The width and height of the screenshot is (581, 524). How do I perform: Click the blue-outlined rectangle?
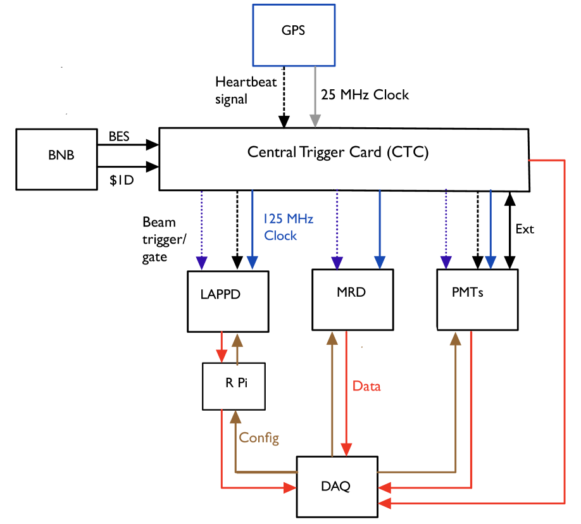pos(294,35)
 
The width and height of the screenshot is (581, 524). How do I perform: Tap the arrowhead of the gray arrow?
pos(315,120)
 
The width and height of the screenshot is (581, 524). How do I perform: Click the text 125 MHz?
pos(289,219)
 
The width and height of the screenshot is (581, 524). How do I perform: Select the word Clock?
pos(280,235)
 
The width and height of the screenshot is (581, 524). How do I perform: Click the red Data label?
pos(366,386)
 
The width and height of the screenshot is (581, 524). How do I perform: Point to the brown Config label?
pos(259,438)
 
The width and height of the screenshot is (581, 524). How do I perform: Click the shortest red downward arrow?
pos(222,347)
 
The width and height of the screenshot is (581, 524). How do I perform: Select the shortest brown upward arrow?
pos(237,349)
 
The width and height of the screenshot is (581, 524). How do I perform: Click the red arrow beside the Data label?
pos(346,392)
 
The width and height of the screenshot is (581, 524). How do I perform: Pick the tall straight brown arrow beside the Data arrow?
pos(332,392)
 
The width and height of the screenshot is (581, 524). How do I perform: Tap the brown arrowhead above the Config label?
pos(235,416)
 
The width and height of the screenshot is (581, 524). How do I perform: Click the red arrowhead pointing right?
pos(290,488)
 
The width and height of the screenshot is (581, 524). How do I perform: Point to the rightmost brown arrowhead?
pos(455,338)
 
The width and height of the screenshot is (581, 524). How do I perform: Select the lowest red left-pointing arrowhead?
pos(384,503)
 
